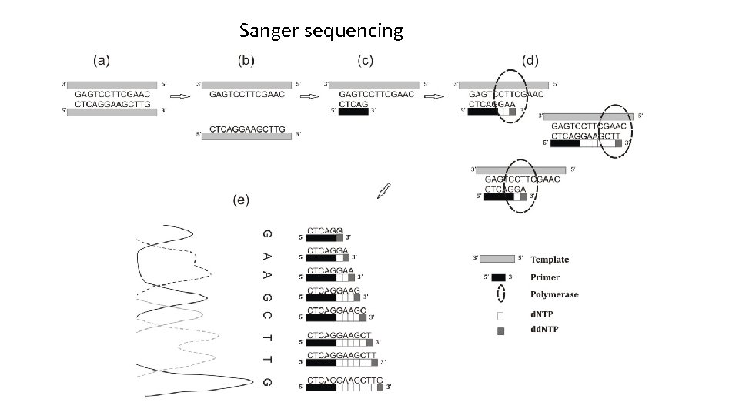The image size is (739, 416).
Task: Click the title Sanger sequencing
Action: coord(321,31)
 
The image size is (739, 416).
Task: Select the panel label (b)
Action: coord(246,59)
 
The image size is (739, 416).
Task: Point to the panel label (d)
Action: coord(531,59)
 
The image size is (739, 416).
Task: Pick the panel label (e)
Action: coord(241,200)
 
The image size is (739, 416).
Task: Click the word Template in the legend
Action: coord(550,260)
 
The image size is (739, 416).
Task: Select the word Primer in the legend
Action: coord(545,277)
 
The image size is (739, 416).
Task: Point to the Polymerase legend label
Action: coord(554,294)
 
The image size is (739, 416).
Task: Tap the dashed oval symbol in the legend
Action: coord(500,294)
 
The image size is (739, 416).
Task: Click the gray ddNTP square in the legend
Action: coord(500,331)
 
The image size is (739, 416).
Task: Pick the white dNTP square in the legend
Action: coord(500,315)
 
